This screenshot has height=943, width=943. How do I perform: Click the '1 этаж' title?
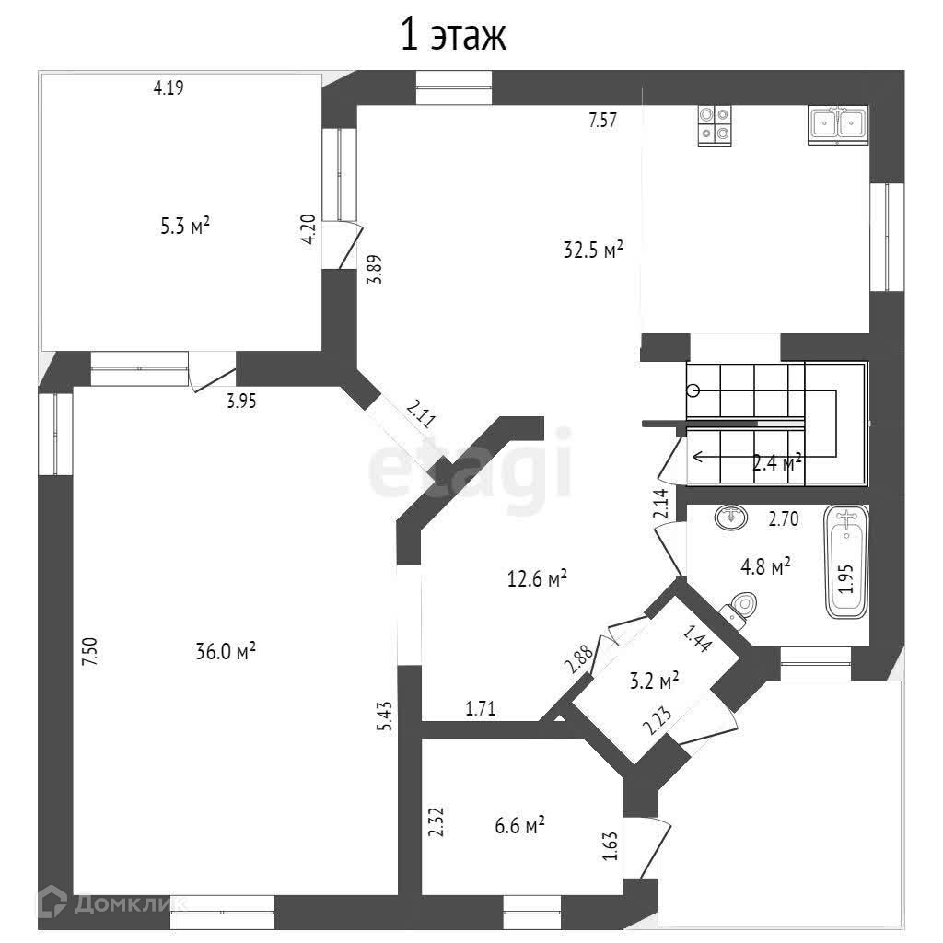pos(452,36)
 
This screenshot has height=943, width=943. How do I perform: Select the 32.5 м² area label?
pos(594,249)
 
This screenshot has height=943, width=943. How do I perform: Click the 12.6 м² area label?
pos(537,579)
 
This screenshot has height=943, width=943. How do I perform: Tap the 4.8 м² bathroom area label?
pos(766,567)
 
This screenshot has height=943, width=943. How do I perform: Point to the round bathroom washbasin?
pos(731,518)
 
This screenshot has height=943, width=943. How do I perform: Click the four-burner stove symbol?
pos(715,125)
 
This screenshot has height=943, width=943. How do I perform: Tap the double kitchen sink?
pos(838,124)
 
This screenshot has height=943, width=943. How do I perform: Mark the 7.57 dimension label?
pos(603,119)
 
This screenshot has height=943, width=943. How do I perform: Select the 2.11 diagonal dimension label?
pos(420,415)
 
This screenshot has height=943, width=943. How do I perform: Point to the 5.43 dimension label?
pos(385,716)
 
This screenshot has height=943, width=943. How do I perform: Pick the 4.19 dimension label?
pos(169,88)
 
